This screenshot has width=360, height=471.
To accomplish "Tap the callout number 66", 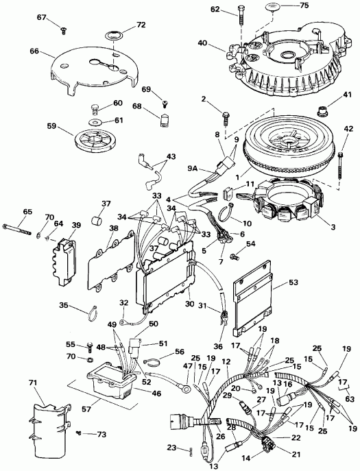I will pyautogui.click(x=31, y=50).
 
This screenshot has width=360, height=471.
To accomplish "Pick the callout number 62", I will pyautogui.click(x=216, y=9).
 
